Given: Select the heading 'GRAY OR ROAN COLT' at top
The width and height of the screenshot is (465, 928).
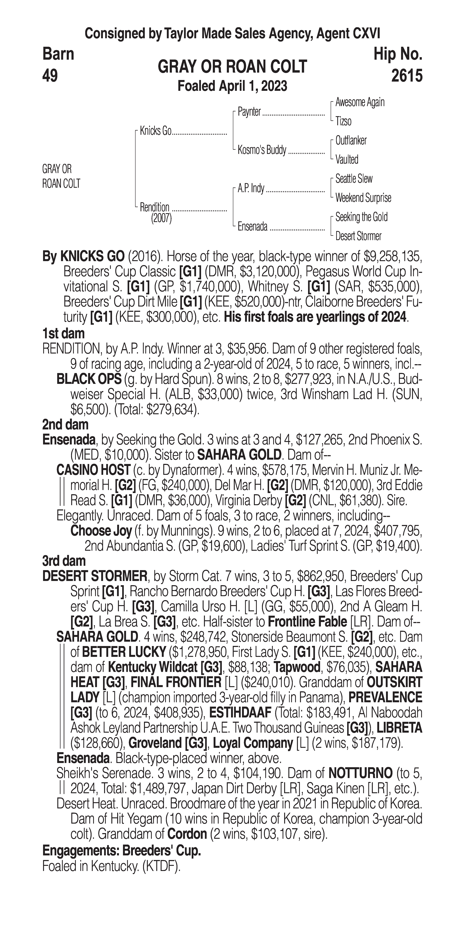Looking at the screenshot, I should coord(232,67).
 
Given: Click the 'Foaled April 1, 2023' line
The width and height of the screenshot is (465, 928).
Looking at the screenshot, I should coord(232,86).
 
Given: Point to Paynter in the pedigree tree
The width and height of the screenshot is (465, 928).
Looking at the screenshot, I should coord(249,112).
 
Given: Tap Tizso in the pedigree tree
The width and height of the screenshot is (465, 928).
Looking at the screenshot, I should coord(343,121).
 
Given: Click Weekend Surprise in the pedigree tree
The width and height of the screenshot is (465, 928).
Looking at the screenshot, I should coord(363,198).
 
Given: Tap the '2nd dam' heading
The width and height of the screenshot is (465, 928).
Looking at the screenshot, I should coord(65,425).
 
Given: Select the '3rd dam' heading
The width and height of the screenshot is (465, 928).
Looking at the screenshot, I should coord(64,561).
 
